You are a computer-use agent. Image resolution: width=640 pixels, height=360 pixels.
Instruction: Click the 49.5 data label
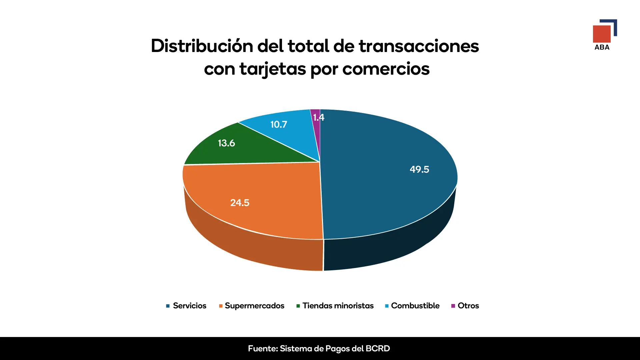419,169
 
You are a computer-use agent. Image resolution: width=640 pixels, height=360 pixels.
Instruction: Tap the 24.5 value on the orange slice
240,203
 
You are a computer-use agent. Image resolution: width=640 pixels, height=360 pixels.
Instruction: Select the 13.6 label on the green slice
226,143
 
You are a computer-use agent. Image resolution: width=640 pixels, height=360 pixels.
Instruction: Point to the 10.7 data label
278,124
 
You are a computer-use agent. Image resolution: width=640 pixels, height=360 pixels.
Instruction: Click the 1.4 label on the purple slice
318,117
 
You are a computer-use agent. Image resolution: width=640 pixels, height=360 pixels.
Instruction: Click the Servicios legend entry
189,306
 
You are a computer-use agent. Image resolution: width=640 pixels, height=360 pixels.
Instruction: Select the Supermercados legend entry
254,306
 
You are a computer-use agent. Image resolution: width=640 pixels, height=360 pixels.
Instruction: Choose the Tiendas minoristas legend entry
338,306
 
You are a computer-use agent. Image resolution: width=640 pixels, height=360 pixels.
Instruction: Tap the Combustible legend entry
415,306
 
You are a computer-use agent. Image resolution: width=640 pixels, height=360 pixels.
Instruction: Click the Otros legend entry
468,306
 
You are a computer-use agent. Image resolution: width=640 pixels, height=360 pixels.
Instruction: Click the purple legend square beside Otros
453,306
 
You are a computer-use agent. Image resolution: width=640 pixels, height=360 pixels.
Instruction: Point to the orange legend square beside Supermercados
221,306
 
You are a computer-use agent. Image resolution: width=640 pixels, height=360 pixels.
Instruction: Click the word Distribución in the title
202,46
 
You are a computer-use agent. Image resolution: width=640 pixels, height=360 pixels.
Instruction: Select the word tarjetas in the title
272,69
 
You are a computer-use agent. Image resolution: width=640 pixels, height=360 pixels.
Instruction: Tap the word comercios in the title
386,69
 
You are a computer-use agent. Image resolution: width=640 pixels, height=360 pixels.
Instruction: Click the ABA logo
604,35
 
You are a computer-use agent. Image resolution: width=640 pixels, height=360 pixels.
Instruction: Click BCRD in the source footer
377,349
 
